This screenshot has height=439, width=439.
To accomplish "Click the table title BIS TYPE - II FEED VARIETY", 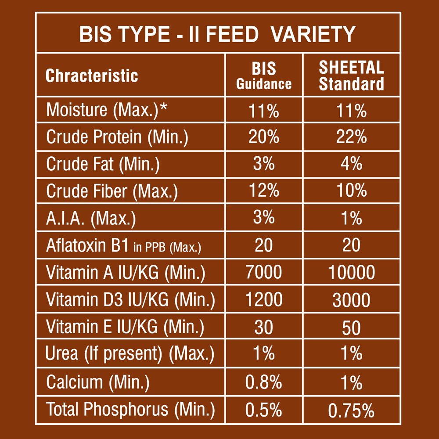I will [x=217, y=34].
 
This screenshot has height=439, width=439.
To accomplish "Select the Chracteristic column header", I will [x=92, y=76].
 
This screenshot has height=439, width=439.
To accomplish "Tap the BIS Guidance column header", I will [x=264, y=76].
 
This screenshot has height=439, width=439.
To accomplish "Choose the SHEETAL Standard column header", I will [x=351, y=76].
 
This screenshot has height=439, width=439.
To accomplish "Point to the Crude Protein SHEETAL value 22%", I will [x=351, y=137].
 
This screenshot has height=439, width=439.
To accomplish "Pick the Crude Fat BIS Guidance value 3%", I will [x=264, y=164].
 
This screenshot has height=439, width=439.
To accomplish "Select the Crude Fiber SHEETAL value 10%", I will [x=351, y=191].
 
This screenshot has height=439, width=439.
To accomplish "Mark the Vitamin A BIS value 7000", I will [x=264, y=273].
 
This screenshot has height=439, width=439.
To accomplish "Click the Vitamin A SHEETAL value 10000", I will [x=351, y=273].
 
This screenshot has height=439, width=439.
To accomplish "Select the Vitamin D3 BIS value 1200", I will [x=264, y=300].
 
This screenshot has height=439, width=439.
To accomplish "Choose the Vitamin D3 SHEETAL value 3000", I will [x=351, y=301].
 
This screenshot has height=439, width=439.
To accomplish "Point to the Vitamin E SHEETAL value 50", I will [x=351, y=327].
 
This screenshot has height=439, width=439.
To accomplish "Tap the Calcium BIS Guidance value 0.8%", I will [x=264, y=382].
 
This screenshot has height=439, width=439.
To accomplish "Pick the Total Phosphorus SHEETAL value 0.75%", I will [x=351, y=410].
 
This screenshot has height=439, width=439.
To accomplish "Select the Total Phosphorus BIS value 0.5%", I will [x=264, y=410].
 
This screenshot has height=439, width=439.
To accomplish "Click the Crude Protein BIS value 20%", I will [x=264, y=137].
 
